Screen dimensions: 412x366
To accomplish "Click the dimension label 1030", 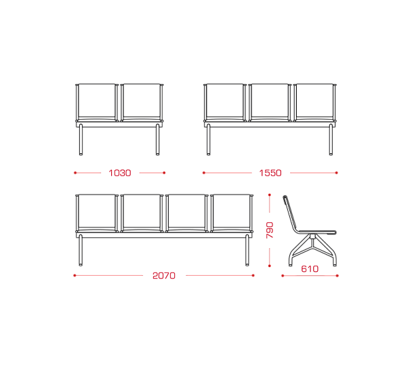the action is click(x=120, y=173).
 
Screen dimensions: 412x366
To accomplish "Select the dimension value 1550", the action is click(x=270, y=173).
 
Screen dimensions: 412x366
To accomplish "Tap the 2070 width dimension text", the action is click(x=164, y=276).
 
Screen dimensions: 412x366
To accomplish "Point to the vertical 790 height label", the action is click(x=270, y=230).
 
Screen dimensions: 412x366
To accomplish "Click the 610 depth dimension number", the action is click(x=310, y=269).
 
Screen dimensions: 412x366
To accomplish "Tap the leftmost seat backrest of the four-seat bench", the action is click(x=97, y=211).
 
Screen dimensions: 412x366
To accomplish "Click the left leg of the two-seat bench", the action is click(x=81, y=140).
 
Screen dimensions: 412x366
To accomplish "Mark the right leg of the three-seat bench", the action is click(x=331, y=140).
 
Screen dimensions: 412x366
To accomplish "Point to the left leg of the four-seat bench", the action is click(x=81, y=250).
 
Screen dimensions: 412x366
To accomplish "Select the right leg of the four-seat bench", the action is click(x=247, y=250).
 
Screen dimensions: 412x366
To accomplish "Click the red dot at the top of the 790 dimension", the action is click(x=270, y=195).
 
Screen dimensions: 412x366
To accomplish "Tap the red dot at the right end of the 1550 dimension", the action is click(x=337, y=173).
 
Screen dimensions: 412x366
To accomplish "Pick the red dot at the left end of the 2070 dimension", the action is click(x=75, y=276).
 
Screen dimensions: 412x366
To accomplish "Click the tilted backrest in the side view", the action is click(x=291, y=214).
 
